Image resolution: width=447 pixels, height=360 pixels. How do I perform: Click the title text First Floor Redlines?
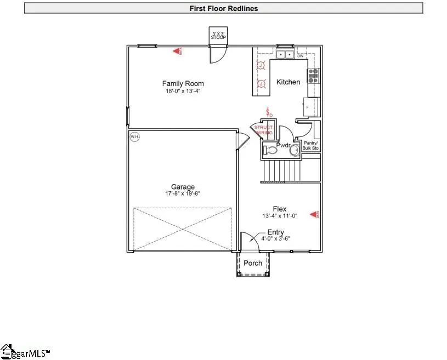coord(224,8)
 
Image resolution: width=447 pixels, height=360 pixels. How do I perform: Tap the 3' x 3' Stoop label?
coord(218,36)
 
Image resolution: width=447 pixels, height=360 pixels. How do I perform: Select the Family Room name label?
coord(183,84)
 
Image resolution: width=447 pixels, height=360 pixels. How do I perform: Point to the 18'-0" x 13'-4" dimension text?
coord(183,91)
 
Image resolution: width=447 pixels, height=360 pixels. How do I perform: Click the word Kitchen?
coord(288,82)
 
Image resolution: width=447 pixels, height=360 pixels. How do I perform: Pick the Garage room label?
coord(183,187)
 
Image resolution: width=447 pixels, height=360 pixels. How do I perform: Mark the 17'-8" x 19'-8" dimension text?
coord(183,194)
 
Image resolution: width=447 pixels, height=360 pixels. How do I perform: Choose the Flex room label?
coord(280,209)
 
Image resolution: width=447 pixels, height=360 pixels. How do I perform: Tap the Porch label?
coord(253,263)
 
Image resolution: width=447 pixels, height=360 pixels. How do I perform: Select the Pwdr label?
coord(283,145)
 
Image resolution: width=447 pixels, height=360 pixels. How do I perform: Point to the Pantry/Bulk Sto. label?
coord(312,145)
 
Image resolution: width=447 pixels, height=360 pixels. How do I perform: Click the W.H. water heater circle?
coord(134,137)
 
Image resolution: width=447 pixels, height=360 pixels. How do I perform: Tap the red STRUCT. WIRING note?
coord(263,130)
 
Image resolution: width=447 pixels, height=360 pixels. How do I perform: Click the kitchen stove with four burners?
coord(314,76)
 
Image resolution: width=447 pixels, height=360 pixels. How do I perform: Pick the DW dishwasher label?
coord(300,56)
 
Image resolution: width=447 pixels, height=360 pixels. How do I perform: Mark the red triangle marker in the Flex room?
coord(315,214)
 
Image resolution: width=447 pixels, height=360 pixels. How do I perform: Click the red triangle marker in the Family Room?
coord(178,52)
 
